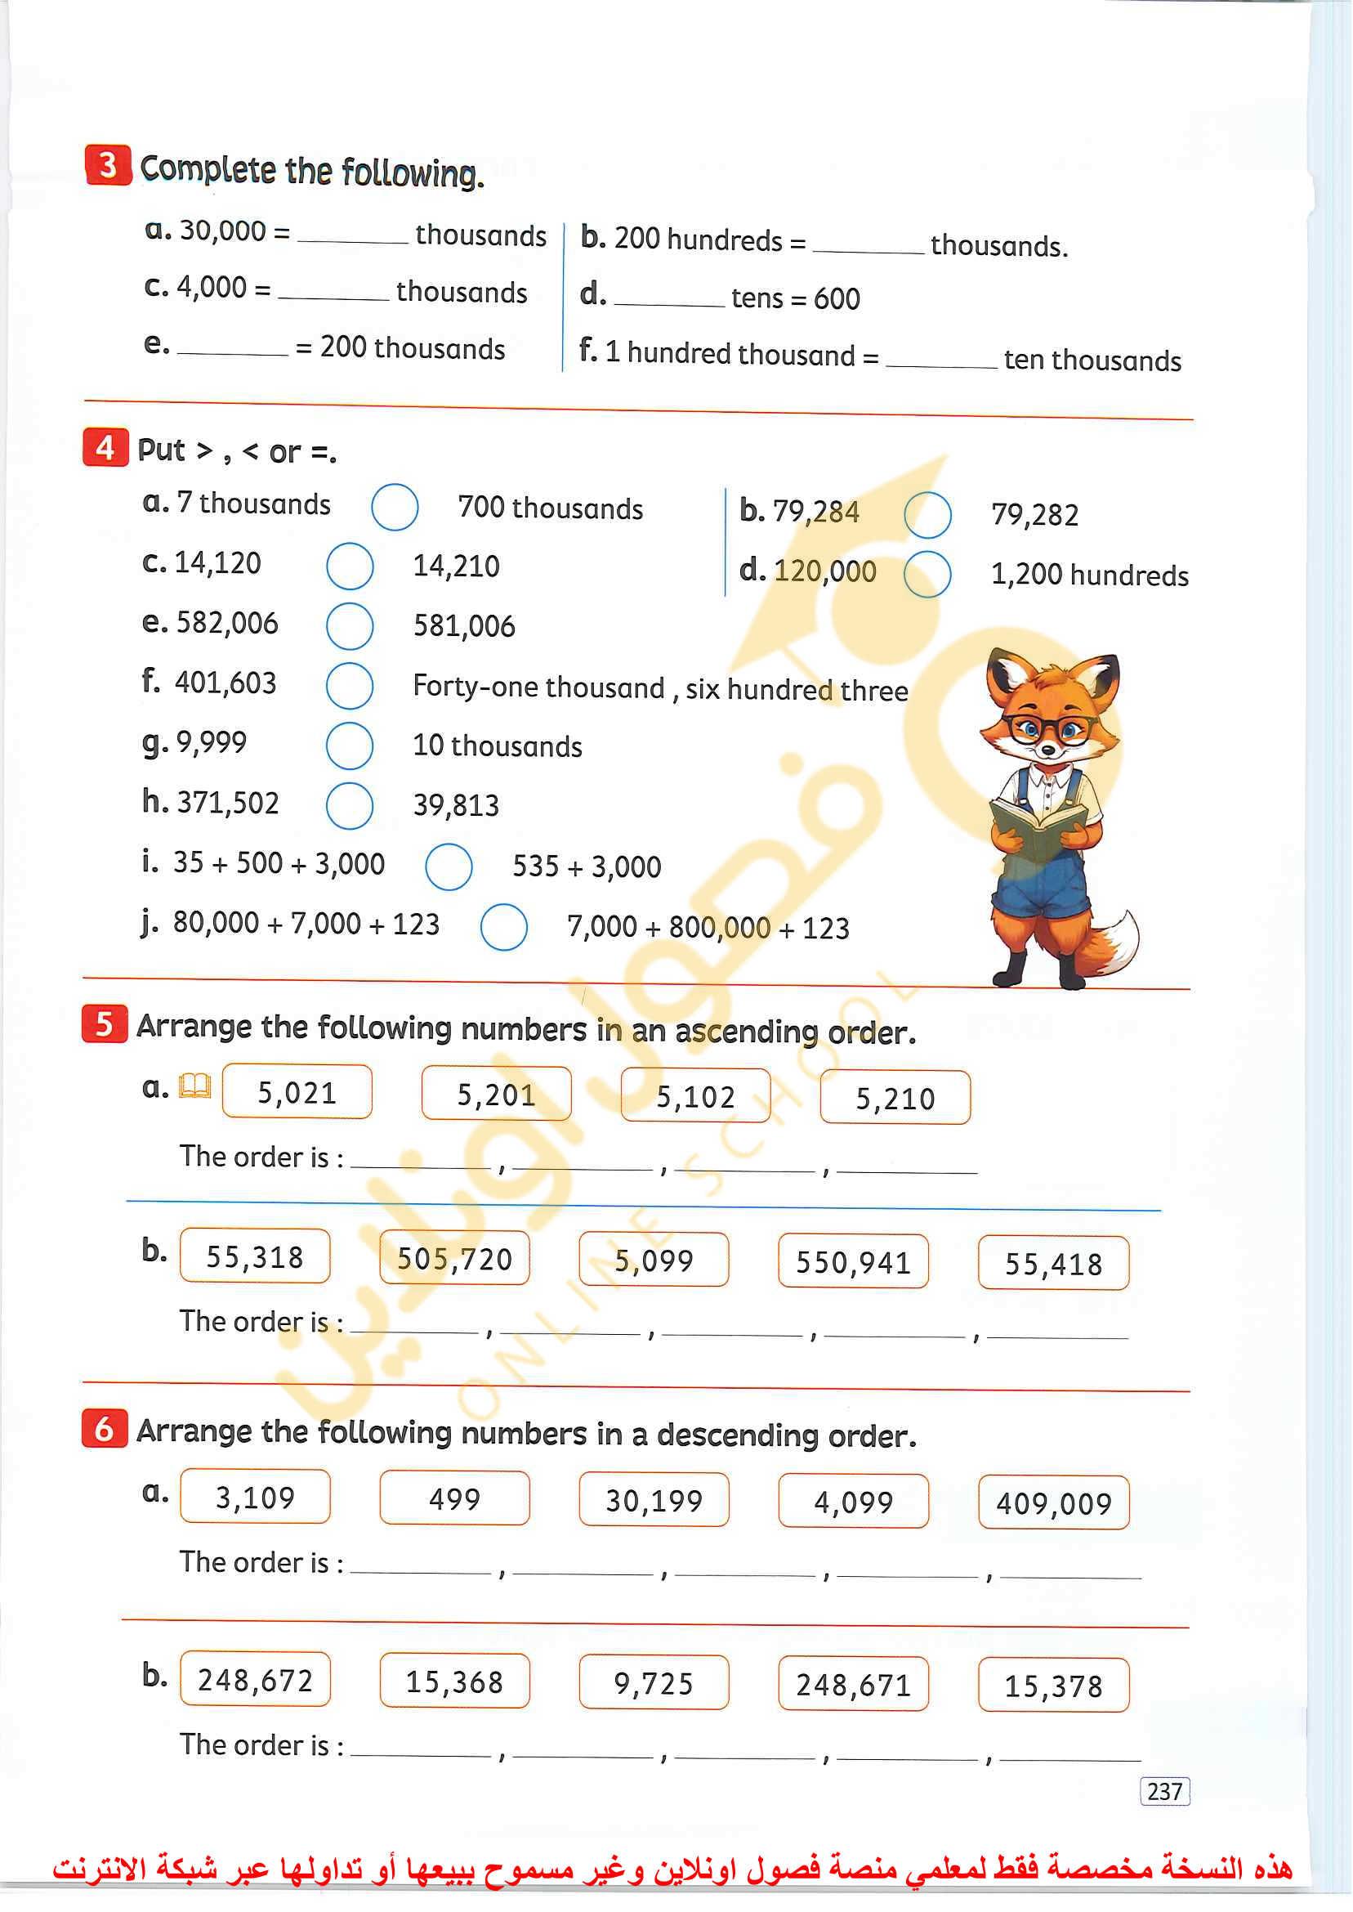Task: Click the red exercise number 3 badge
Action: pos(108,165)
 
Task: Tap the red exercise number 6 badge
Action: pos(104,1428)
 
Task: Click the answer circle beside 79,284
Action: pos(927,514)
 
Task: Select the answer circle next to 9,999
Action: pos(349,746)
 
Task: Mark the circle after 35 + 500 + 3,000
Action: pos(449,866)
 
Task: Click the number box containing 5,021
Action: pos(297,1092)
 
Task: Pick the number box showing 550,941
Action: pos(852,1262)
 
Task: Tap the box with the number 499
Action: pos(454,1498)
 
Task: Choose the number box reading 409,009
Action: pos(1053,1503)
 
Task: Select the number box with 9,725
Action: pos(653,1683)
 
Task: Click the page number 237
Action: pos(1164,1791)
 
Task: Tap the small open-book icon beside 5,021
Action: pos(195,1086)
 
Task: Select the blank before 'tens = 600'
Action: pos(669,299)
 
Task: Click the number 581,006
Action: pos(464,626)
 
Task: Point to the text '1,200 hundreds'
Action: pos(1089,575)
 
